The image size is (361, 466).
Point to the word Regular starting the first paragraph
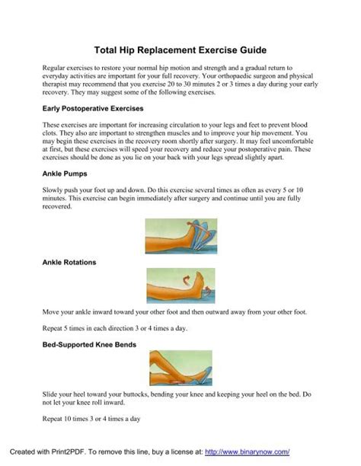click(55, 69)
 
